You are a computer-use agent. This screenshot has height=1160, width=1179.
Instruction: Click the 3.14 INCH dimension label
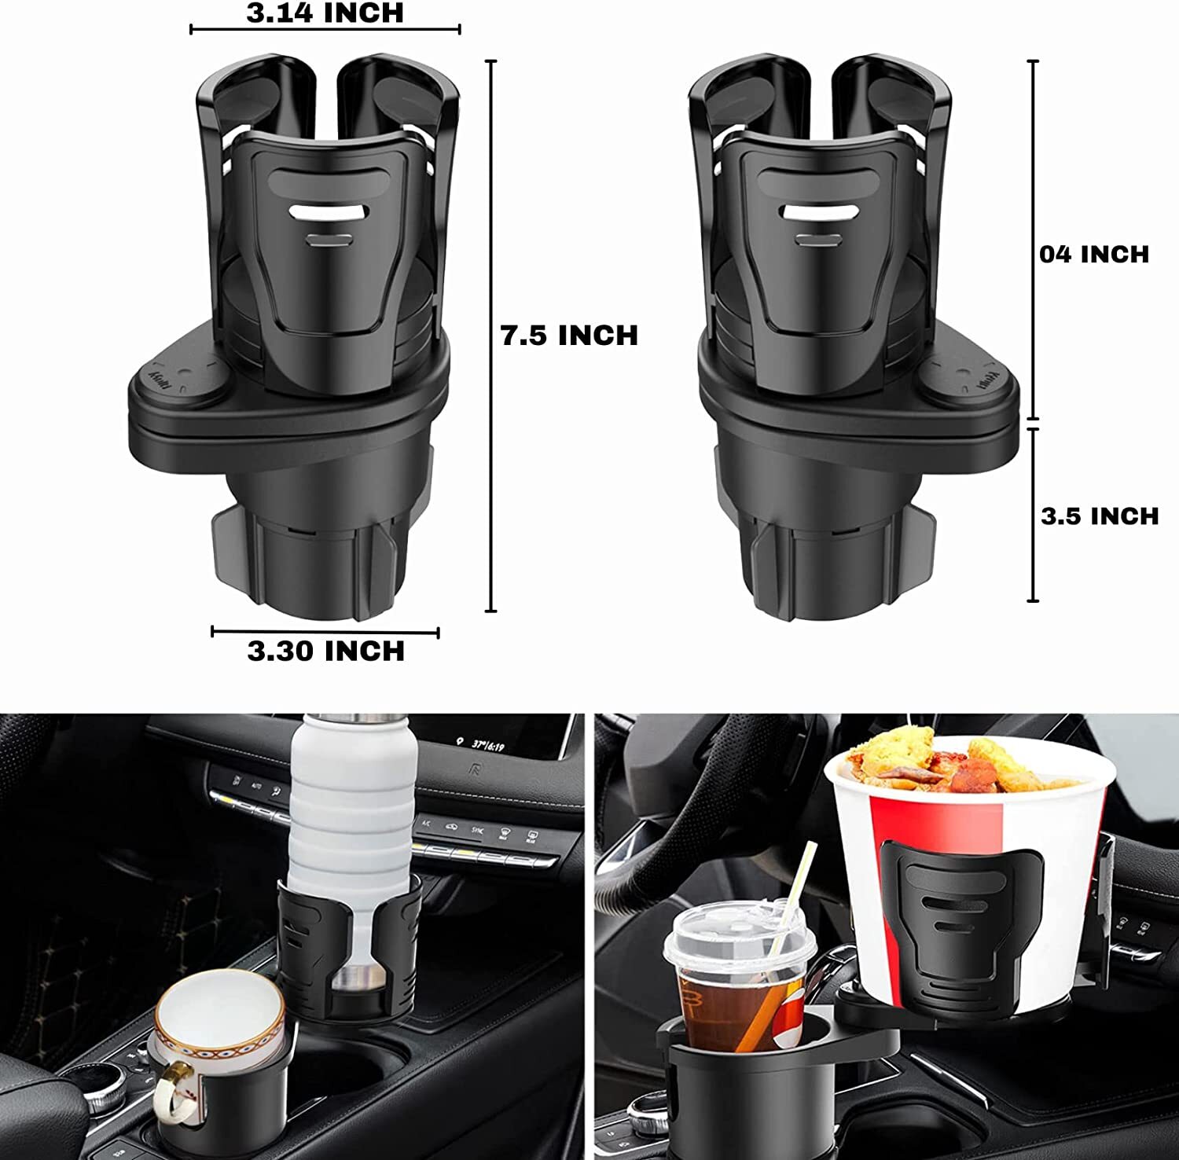[325, 13]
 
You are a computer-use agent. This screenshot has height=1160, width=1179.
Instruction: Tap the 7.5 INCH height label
[569, 336]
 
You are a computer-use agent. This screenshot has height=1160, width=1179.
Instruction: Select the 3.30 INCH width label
[325, 651]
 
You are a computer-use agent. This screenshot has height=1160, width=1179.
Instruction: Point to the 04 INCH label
[1093, 254]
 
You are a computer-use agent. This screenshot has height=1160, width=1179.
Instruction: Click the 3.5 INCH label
[1099, 516]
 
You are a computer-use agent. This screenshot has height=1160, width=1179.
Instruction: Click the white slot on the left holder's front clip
[329, 212]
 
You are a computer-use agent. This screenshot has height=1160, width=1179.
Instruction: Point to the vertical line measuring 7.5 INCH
[492, 336]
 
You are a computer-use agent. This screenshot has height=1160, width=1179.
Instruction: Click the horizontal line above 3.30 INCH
[325, 631]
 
